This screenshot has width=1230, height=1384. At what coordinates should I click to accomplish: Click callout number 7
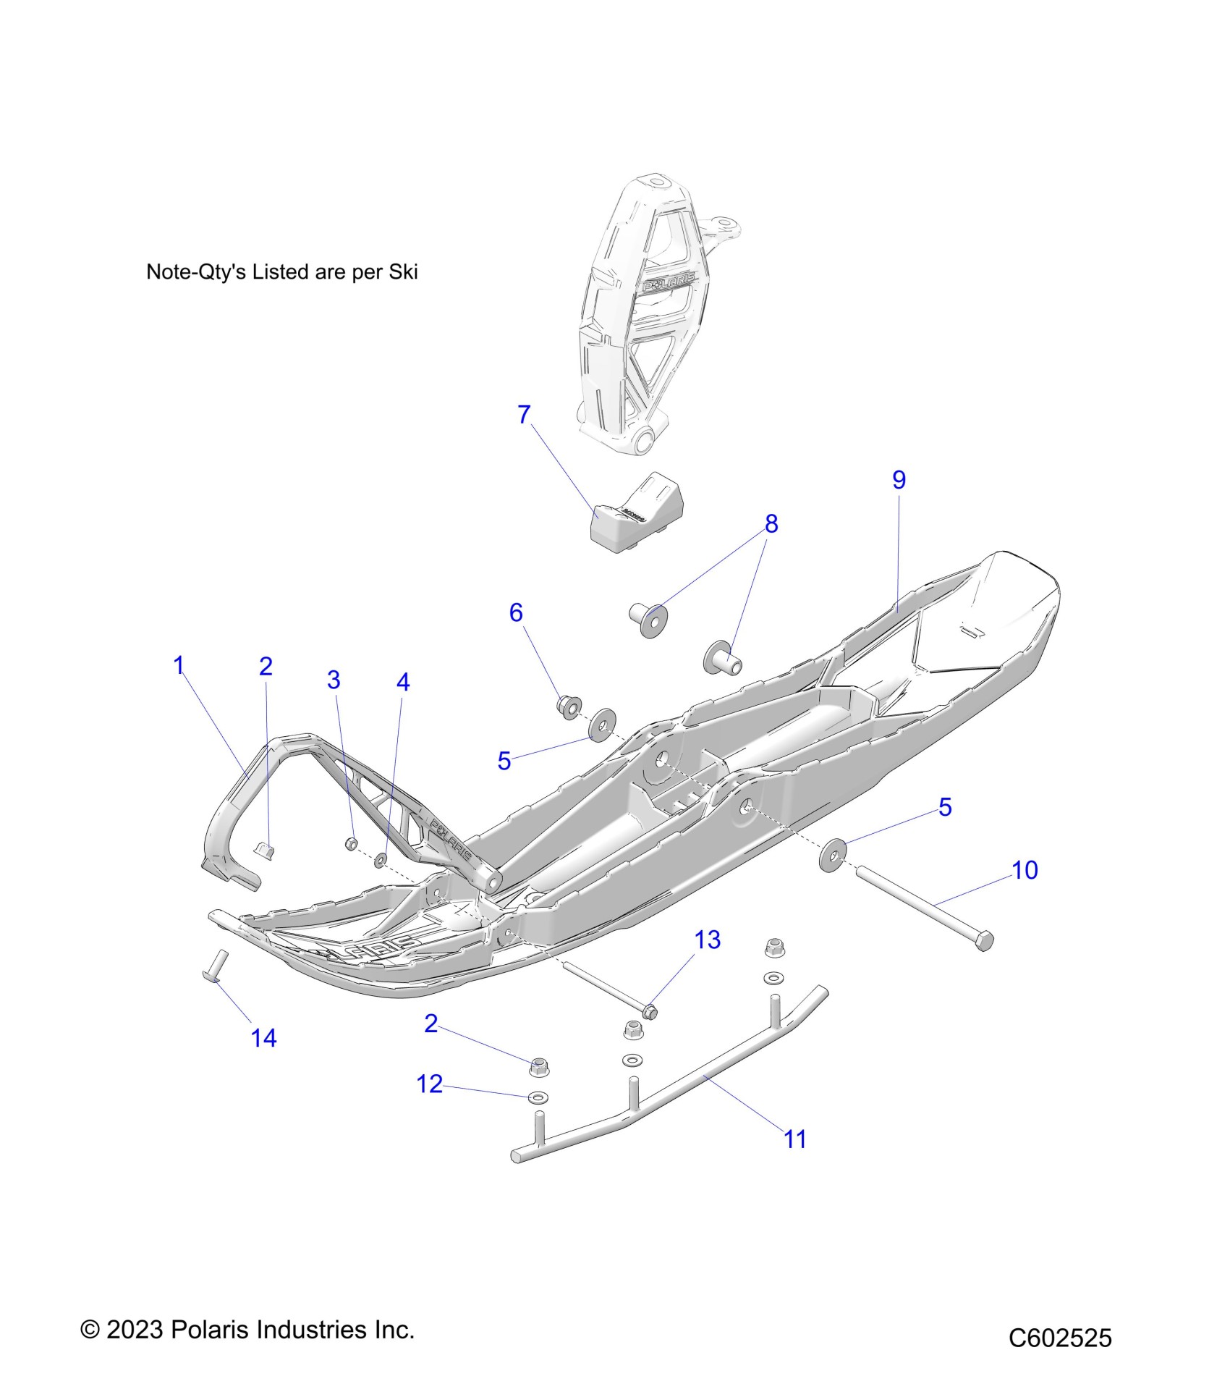[x=525, y=415]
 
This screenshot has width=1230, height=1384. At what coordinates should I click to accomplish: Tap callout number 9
[x=899, y=479]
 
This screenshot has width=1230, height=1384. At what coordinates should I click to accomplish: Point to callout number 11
[x=795, y=1139]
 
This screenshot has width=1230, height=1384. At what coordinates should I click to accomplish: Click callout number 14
[x=263, y=1038]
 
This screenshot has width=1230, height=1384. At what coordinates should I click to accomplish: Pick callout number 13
[x=708, y=940]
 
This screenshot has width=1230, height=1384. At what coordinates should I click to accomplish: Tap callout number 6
[x=516, y=612]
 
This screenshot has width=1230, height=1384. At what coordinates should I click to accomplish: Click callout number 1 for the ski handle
[x=179, y=665]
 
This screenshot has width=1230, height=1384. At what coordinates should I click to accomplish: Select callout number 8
[x=771, y=523]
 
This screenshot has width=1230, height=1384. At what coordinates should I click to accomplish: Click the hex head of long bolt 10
[x=984, y=942]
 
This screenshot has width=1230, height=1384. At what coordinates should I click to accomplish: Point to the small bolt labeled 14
[x=215, y=966]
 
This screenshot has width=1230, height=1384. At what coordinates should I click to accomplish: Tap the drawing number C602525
[x=1060, y=1338]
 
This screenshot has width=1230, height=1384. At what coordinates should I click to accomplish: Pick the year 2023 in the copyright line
[x=135, y=1330]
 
